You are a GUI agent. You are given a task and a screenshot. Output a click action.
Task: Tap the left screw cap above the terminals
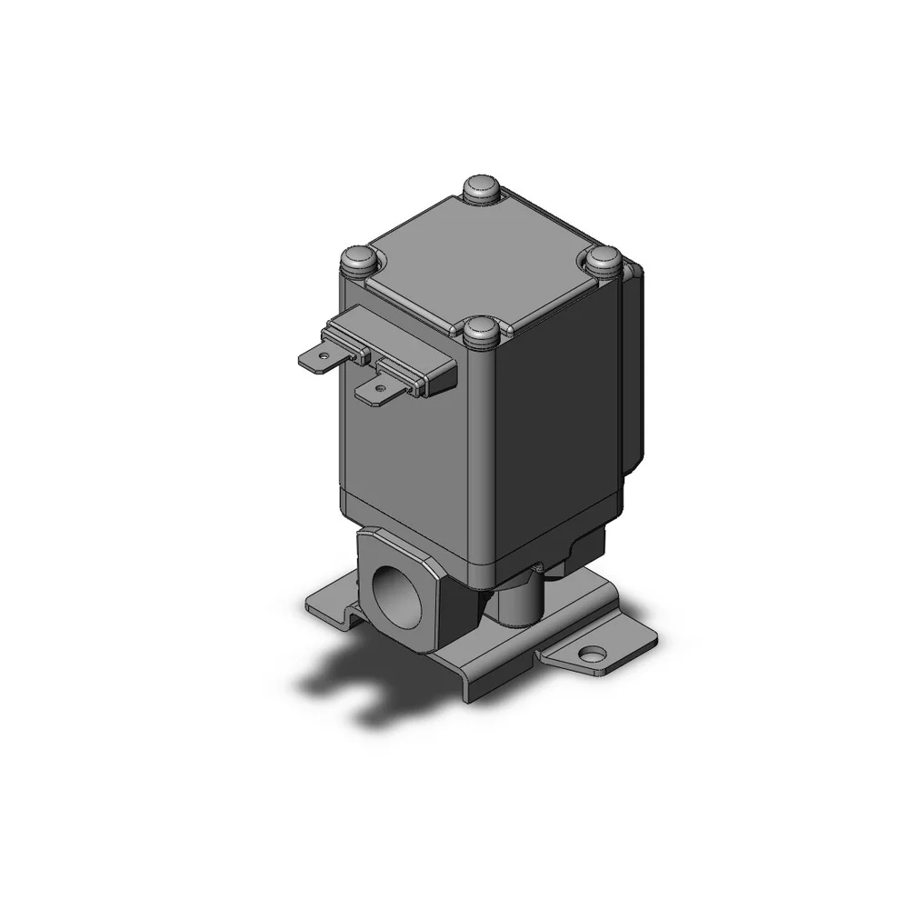(357, 261)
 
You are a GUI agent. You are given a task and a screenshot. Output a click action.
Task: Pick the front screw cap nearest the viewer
(480, 331)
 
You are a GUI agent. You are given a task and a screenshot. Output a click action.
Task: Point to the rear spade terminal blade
(318, 357)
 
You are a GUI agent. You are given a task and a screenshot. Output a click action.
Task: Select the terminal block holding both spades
(400, 350)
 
